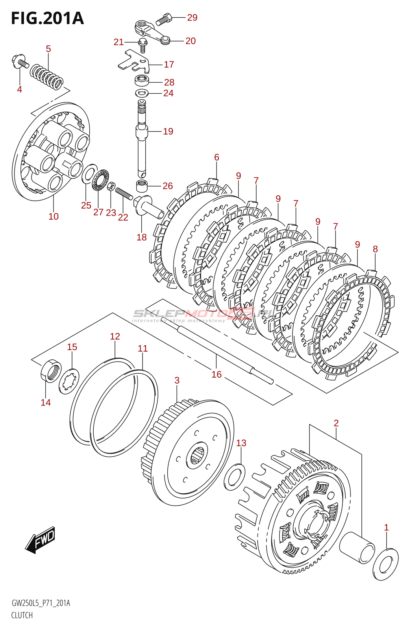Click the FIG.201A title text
point(47,19)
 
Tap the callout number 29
point(192,17)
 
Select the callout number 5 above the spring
point(48,49)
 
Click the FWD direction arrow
point(41,539)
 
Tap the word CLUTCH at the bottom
point(22,615)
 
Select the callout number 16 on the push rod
point(217,374)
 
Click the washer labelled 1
point(385,564)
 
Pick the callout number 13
point(241,443)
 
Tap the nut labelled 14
point(51,371)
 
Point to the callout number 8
point(375,249)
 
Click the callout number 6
point(217,157)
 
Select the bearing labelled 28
point(142,81)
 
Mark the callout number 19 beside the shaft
point(168,131)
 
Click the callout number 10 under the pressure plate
point(54,216)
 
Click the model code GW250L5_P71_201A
point(41,603)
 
